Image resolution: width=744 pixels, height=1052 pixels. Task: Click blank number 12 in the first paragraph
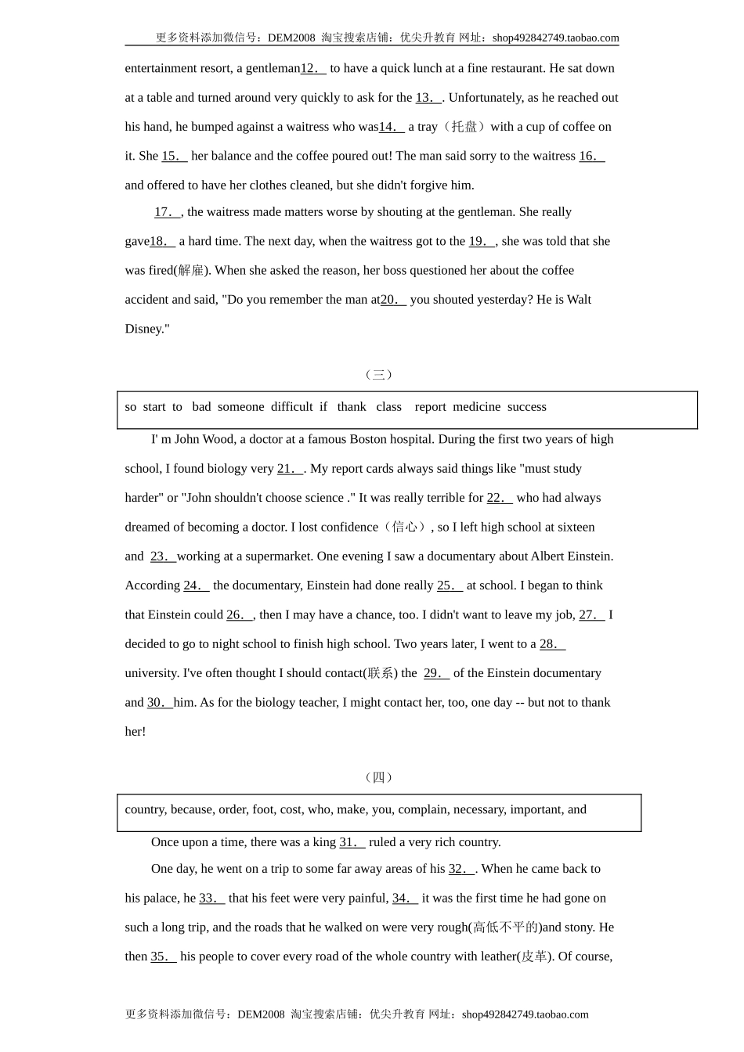point(313,69)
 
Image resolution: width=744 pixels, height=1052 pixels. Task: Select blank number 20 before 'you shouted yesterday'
point(393,300)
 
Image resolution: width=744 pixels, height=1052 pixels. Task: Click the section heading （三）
point(379,375)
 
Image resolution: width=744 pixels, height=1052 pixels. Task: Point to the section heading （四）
point(379,777)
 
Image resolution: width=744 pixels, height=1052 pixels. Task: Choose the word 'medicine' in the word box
point(476,407)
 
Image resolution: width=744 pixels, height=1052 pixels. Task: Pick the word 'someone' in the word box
point(240,407)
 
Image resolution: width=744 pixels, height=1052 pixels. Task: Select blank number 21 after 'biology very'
point(290,469)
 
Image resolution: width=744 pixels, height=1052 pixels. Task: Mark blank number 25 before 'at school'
point(450,585)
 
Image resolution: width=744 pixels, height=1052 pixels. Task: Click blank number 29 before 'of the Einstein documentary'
point(436,673)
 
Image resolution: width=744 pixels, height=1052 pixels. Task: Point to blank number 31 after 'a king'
point(352,842)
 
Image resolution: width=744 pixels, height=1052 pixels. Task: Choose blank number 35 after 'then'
point(163,957)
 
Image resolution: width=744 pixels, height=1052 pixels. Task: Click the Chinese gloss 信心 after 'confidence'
point(404,528)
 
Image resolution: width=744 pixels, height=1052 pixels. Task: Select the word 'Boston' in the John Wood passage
point(374,440)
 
